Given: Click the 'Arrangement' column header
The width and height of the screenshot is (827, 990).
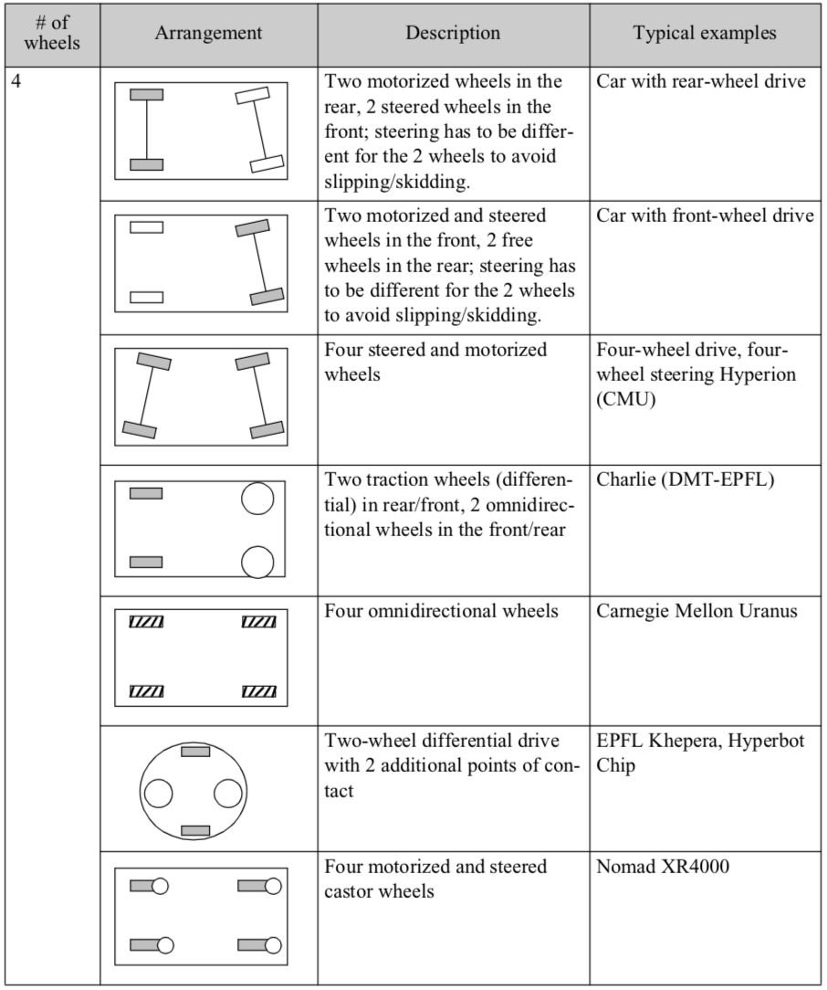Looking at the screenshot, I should (x=208, y=33).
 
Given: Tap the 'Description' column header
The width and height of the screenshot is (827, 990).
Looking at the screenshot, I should (x=453, y=33).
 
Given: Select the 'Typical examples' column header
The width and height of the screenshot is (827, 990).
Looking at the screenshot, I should (x=705, y=33).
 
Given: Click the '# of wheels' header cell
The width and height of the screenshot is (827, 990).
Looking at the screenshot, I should (x=51, y=33).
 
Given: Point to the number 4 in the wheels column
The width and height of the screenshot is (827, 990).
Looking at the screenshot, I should (x=17, y=81).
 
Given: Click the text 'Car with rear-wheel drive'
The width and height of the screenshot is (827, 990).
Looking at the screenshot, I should (x=701, y=81).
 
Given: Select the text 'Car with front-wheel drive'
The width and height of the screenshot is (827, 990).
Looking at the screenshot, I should (x=705, y=216).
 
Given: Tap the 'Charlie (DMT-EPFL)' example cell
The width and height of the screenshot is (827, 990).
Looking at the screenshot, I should (x=686, y=480).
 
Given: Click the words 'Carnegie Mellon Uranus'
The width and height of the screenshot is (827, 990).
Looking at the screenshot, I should (x=697, y=611).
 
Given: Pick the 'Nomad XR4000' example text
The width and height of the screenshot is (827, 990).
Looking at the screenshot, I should (x=663, y=867).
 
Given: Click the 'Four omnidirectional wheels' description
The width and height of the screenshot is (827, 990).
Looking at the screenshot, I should (x=442, y=611).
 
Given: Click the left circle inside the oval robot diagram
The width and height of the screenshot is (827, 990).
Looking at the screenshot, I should (x=158, y=793).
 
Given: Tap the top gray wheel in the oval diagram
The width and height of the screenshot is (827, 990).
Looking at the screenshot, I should (x=195, y=751).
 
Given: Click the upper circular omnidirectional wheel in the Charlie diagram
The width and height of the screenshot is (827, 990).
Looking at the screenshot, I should (x=257, y=498).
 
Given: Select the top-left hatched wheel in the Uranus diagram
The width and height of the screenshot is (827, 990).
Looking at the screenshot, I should (x=146, y=623).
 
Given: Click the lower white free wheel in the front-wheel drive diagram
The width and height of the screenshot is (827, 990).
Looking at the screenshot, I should (x=146, y=296).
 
